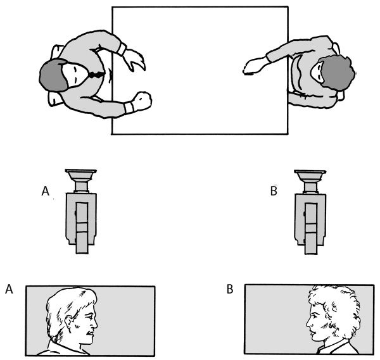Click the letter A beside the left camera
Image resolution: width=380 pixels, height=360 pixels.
click(x=46, y=191)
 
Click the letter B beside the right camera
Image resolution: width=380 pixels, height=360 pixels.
click(x=274, y=191)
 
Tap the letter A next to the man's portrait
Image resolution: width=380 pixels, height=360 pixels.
click(x=9, y=289)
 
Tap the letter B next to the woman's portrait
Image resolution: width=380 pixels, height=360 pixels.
click(x=230, y=289)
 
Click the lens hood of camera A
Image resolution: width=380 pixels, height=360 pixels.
click(x=81, y=175)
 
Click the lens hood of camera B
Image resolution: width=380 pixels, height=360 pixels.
click(x=310, y=175)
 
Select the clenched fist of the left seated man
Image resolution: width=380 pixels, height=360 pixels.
click(x=142, y=100)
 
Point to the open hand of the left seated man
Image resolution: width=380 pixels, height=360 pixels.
click(x=134, y=59)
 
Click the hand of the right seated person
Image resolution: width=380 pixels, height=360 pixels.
click(x=254, y=66)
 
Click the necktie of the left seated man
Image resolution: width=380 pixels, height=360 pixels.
click(x=96, y=75)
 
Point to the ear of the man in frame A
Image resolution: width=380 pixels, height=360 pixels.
click(x=68, y=323)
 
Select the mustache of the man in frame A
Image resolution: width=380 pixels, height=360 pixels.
click(x=90, y=332)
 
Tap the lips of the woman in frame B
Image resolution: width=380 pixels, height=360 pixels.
click(x=311, y=333)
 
